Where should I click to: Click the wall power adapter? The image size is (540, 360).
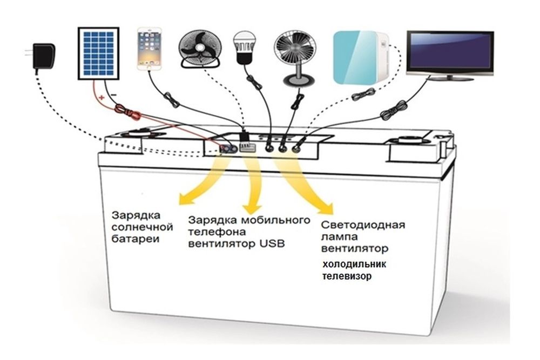(x=40, y=56)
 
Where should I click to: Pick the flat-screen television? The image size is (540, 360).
(x=449, y=54)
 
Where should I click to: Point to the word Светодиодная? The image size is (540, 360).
(x=362, y=225)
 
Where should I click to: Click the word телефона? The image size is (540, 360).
(x=215, y=232)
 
